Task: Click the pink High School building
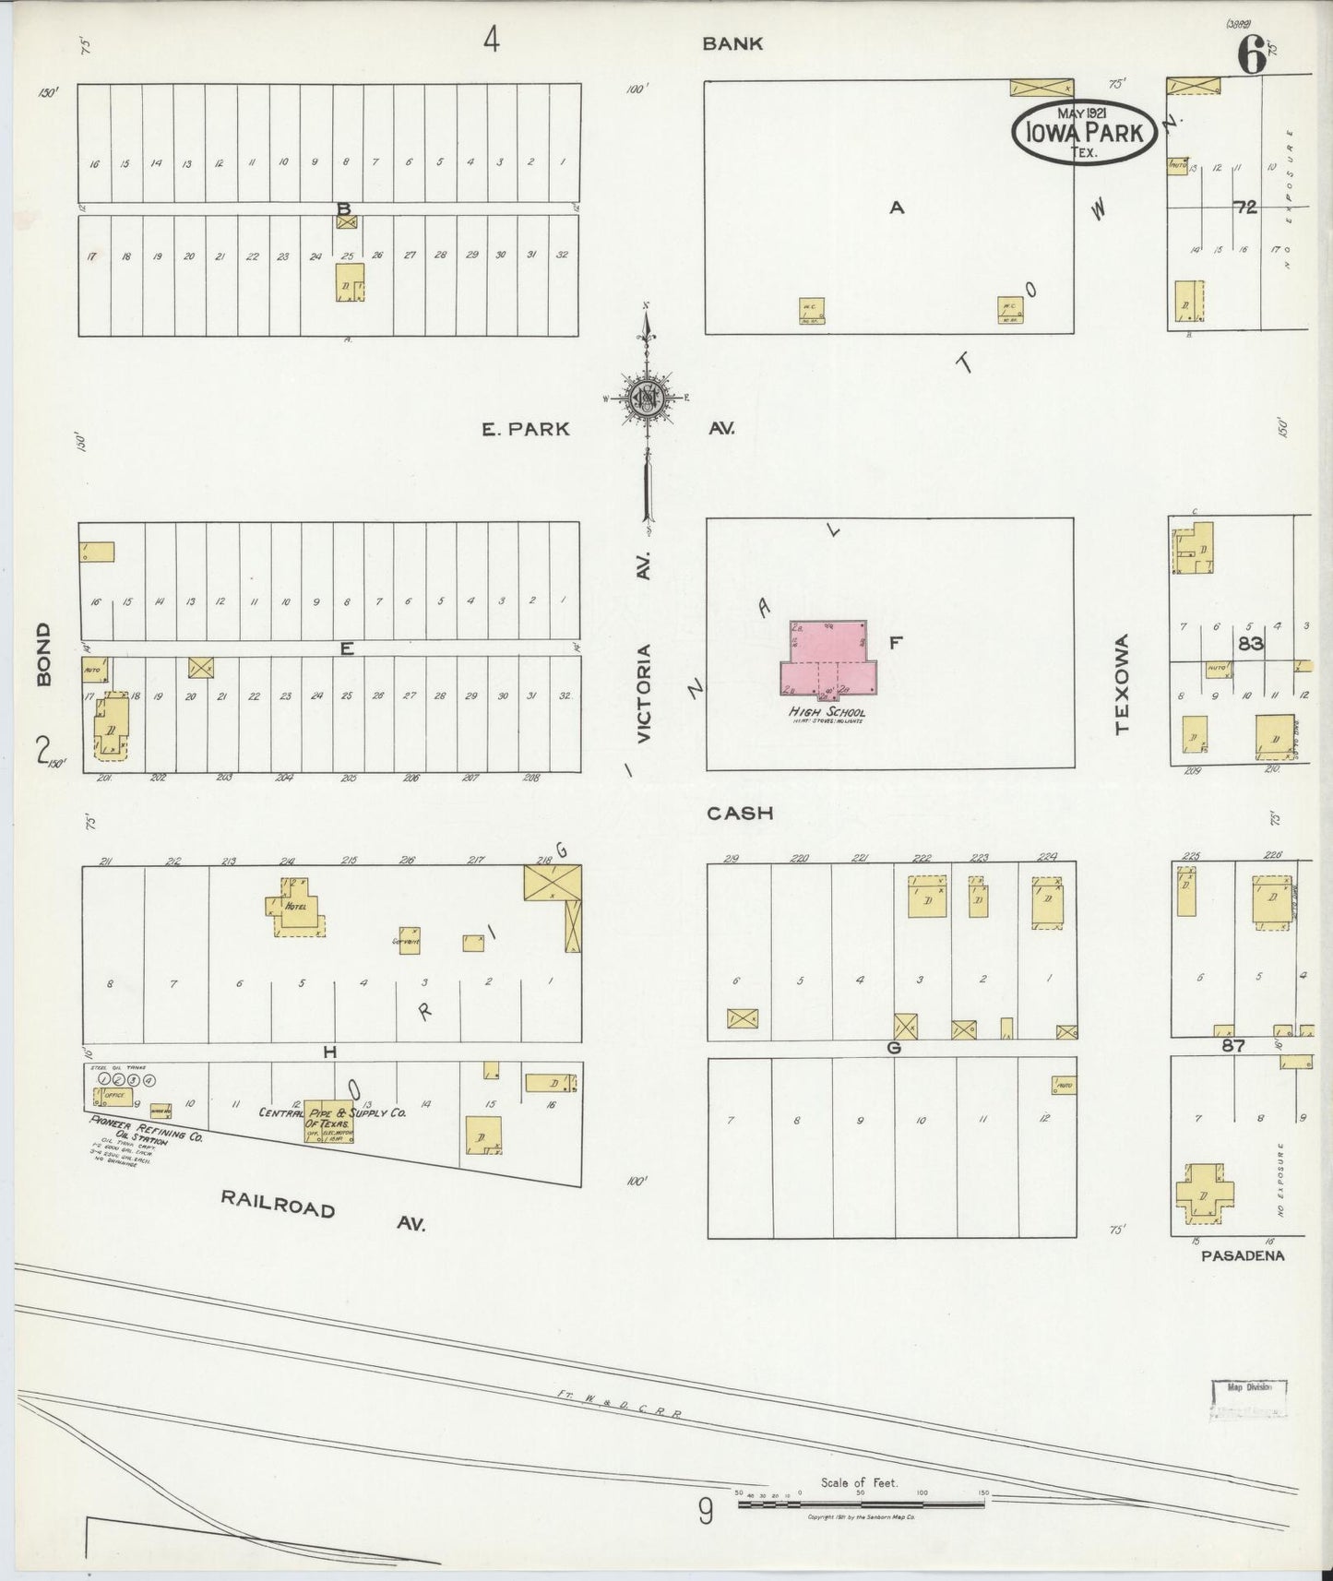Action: [827, 659]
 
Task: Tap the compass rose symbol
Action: [648, 398]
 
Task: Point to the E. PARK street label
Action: [526, 429]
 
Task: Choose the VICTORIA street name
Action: [645, 693]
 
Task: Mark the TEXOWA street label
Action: [1122, 684]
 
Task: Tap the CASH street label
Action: [739, 814]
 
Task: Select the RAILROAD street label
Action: [277, 1202]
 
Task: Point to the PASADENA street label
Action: [1243, 1255]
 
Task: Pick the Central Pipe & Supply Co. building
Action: [329, 1122]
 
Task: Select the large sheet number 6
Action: [1251, 57]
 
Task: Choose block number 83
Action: [1250, 644]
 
